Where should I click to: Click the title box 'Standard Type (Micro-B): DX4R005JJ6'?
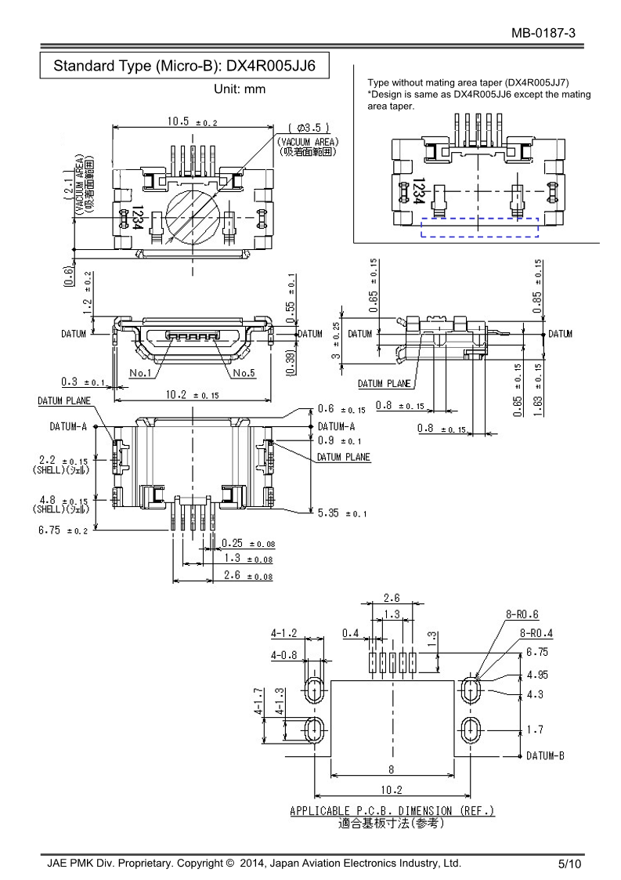tap(184, 66)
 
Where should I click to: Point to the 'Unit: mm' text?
tap(240, 89)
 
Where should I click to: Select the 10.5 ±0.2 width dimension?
tap(192, 121)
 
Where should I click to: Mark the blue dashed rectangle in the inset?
tap(480, 226)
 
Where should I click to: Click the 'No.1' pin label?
tap(141, 372)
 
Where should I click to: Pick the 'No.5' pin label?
tap(244, 372)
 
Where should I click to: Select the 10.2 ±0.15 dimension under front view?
tap(192, 394)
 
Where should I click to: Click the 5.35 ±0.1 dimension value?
tap(342, 513)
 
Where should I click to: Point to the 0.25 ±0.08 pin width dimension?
tap(248, 543)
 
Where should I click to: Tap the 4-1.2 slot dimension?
tap(284, 632)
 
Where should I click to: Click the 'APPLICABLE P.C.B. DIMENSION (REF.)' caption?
tap(392, 810)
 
